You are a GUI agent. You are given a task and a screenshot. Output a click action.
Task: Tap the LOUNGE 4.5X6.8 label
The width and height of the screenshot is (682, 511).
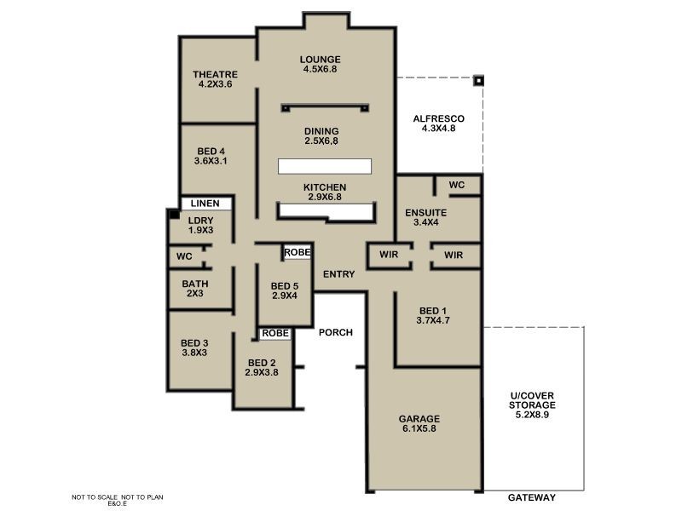coord(321,64)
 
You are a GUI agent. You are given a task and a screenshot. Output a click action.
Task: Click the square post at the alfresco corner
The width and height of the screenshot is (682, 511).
coord(478,80)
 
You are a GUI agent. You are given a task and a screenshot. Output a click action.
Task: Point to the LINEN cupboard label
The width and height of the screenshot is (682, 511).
coord(205,203)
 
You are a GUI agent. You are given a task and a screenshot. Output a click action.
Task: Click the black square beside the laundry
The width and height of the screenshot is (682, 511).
coord(174,214)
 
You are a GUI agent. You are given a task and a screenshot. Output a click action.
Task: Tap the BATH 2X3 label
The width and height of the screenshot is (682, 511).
coord(195,288)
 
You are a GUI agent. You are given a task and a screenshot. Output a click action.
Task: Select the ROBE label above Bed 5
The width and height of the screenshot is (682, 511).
coord(297,252)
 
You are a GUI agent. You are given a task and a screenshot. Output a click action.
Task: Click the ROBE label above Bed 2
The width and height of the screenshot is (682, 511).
coord(275,333)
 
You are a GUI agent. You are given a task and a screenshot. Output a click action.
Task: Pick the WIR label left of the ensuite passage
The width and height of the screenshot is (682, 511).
coord(389,254)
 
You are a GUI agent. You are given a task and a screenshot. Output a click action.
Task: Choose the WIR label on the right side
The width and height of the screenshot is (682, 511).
coord(454,255)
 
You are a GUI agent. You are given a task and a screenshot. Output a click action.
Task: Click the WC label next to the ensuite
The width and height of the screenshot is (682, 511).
coord(457,185)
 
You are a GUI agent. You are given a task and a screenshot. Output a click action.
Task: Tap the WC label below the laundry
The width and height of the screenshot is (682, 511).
coord(184,256)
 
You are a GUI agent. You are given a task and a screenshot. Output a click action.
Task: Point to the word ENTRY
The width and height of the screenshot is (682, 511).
coord(338,274)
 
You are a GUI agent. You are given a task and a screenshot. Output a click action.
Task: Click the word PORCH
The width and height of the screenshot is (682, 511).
coord(336,332)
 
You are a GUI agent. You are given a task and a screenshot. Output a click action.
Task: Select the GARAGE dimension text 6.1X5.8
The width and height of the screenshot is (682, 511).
coord(419,428)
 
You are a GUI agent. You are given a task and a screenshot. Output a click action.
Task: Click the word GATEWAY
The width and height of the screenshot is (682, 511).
coord(532,497)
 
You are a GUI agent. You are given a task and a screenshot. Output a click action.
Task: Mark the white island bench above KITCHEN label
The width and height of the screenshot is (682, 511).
coord(325,166)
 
